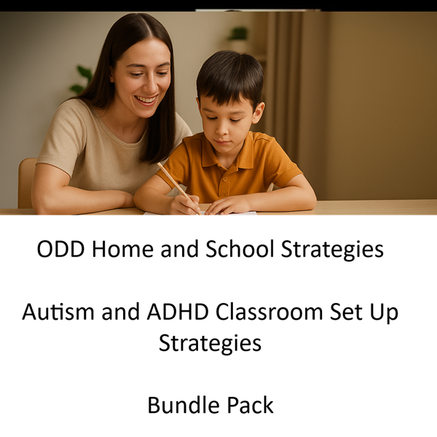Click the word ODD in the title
[60, 248]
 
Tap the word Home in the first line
[122, 248]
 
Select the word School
[240, 248]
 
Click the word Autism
[58, 312]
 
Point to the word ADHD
[178, 312]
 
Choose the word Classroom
[269, 312]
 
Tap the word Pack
[250, 405]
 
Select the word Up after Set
[384, 313]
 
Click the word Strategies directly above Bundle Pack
[210, 343]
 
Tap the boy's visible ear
[258, 112]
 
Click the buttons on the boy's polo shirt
[224, 185]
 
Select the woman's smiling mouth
[146, 100]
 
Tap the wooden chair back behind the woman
[27, 183]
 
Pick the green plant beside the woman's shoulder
[82, 79]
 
